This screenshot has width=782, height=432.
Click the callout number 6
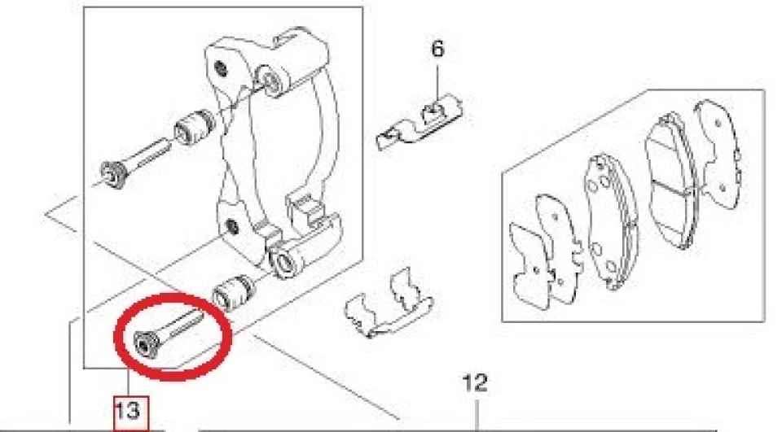(x=437, y=49)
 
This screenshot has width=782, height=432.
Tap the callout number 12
(x=475, y=383)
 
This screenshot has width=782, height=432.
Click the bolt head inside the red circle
(x=146, y=344)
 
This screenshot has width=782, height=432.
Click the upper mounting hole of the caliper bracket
(x=219, y=68)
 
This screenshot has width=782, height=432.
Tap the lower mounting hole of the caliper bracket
(x=231, y=227)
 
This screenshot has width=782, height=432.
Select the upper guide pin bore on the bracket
(x=272, y=81)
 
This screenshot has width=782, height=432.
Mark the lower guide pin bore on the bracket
(x=285, y=261)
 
